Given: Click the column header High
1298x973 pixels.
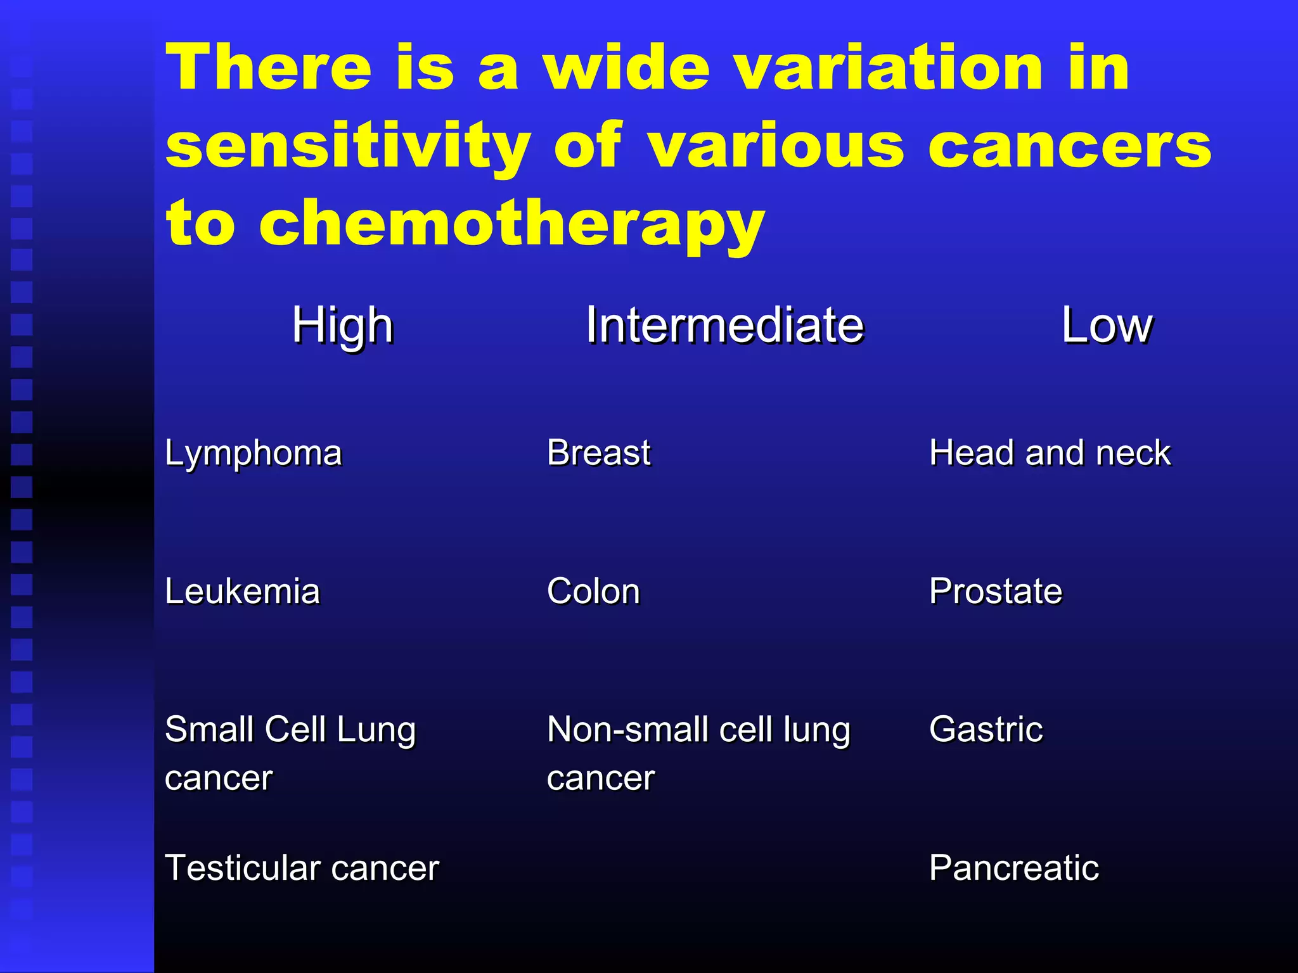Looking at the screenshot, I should click(342, 326).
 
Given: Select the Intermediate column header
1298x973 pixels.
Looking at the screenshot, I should click(724, 326).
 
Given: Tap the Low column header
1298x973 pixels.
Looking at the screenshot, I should click(1107, 326).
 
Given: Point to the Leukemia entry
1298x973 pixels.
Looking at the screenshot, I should click(242, 592).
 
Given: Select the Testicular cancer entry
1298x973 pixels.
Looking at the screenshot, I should click(302, 868).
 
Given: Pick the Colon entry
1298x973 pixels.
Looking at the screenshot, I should click(593, 592).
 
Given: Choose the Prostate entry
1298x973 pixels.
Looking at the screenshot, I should click(995, 592).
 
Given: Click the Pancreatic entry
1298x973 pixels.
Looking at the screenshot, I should click(1013, 868).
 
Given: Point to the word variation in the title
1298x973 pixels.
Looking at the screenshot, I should click(889, 68).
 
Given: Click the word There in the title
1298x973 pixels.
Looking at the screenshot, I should click(269, 68).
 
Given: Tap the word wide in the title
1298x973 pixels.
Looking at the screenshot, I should click(626, 68).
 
